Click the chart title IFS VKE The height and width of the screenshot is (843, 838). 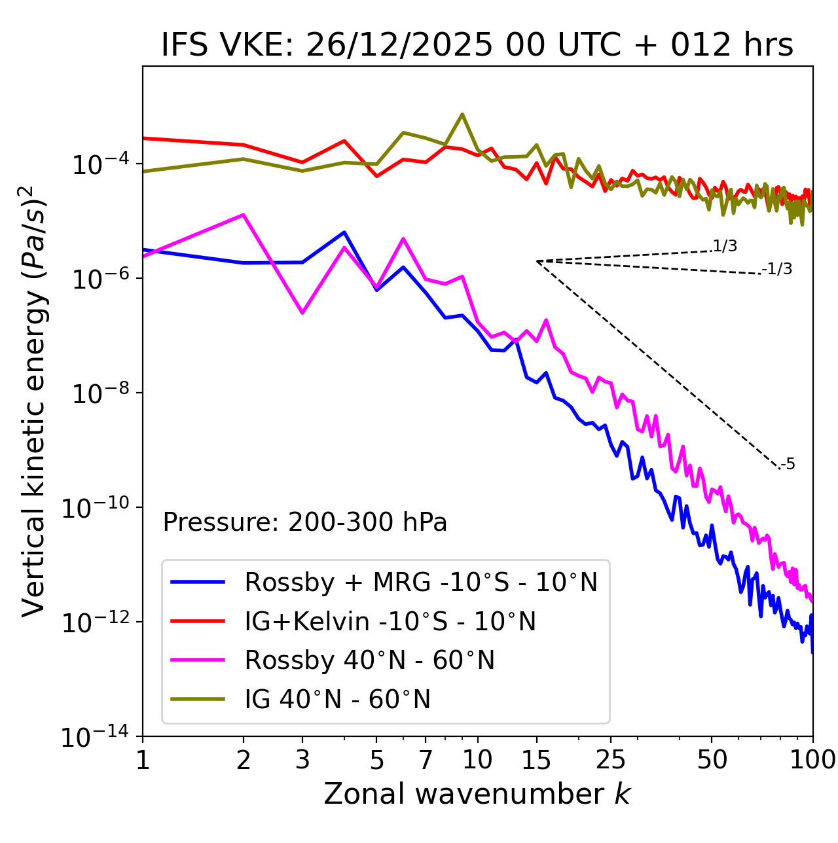[x=477, y=45]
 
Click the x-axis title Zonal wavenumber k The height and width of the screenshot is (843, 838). [x=477, y=794]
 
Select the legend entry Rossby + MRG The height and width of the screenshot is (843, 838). [x=421, y=582]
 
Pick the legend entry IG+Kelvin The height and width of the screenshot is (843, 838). [x=390, y=621]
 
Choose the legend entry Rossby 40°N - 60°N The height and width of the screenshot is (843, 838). [x=369, y=660]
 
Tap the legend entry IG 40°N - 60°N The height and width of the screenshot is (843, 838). [x=337, y=700]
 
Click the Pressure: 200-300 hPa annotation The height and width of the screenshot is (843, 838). [x=305, y=522]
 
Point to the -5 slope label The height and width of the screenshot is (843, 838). [x=788, y=465]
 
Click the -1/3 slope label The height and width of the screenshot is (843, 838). [x=778, y=269]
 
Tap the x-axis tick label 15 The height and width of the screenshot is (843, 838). [x=536, y=760]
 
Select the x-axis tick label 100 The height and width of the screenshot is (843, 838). [x=812, y=760]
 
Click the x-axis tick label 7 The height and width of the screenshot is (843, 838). [x=426, y=760]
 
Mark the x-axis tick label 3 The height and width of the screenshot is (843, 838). [x=302, y=760]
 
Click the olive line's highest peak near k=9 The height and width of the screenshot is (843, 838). [x=462, y=115]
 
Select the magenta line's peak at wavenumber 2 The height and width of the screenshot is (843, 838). [x=244, y=215]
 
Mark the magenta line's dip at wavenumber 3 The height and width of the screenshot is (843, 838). [x=302, y=313]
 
